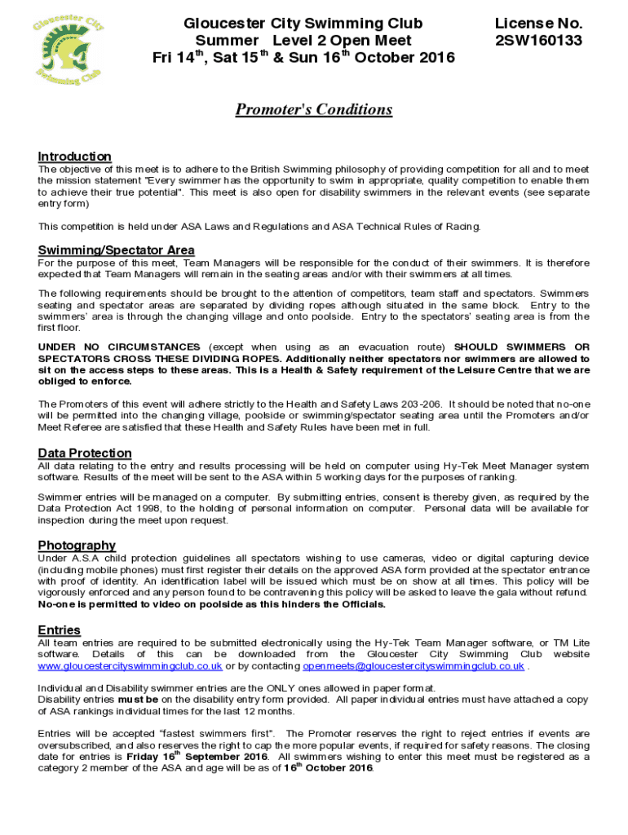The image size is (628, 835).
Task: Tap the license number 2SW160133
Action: point(539,40)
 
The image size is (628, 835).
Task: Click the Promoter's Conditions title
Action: point(314,109)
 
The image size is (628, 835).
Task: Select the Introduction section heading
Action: point(74,156)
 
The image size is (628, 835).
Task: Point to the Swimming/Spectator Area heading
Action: point(116,250)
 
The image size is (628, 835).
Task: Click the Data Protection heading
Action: point(84,453)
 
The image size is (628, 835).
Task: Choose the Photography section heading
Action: point(77,545)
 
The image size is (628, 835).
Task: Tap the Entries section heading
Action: point(59,630)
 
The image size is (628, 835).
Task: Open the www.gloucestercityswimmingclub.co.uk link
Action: point(130,666)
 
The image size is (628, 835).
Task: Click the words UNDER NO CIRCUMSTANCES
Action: point(118,347)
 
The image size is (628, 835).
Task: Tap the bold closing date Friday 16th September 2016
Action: point(197,756)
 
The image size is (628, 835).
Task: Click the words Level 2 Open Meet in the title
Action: point(342,40)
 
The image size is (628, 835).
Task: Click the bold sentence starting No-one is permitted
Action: point(211,604)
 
